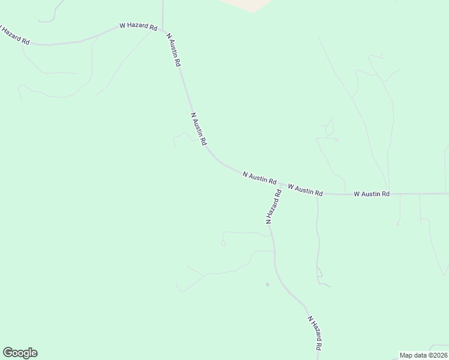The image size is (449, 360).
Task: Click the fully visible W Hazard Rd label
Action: click(x=138, y=27)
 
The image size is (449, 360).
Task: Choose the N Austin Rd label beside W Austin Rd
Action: click(x=259, y=178)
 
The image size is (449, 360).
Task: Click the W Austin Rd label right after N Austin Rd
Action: click(x=306, y=190)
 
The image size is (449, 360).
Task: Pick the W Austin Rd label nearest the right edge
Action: click(x=372, y=194)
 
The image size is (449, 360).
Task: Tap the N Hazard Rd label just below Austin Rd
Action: click(x=274, y=206)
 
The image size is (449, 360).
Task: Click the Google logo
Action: click(x=20, y=353)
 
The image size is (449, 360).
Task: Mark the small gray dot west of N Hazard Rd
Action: click(x=267, y=284)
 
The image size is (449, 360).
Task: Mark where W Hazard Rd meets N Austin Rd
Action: click(x=163, y=30)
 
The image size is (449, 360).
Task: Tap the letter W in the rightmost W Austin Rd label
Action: click(x=357, y=194)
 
